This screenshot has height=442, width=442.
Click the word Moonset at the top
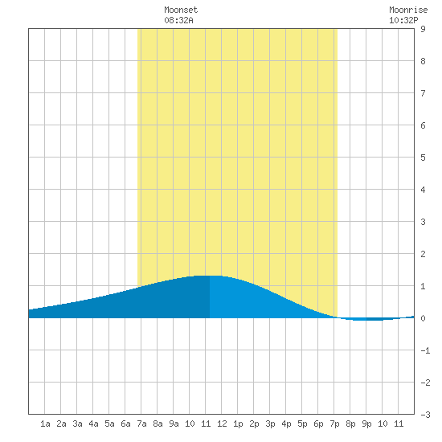click(181, 10)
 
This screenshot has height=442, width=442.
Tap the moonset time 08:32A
click(178, 20)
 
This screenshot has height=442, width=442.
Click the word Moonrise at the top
click(408, 10)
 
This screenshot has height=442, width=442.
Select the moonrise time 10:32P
click(403, 20)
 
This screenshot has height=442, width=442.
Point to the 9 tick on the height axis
click(423, 29)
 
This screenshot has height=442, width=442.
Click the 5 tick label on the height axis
click(423, 158)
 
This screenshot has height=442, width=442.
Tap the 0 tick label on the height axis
click(423, 318)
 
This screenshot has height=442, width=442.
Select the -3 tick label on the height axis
click(425, 415)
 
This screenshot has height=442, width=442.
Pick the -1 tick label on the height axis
click(425, 350)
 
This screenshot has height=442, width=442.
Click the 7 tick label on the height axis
click(423, 93)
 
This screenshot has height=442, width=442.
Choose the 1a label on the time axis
click(45, 424)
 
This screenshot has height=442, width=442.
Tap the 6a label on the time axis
click(125, 424)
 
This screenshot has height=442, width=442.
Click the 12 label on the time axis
click(222, 424)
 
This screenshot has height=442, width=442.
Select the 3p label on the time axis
click(270, 424)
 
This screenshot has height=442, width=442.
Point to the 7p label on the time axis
click(334, 424)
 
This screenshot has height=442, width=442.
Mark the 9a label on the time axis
click(174, 424)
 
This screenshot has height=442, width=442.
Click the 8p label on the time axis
click(350, 424)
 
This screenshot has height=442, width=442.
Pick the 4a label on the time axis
click(93, 424)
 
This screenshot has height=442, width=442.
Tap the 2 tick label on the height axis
click(423, 254)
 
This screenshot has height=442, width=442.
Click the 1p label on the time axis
click(238, 424)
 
